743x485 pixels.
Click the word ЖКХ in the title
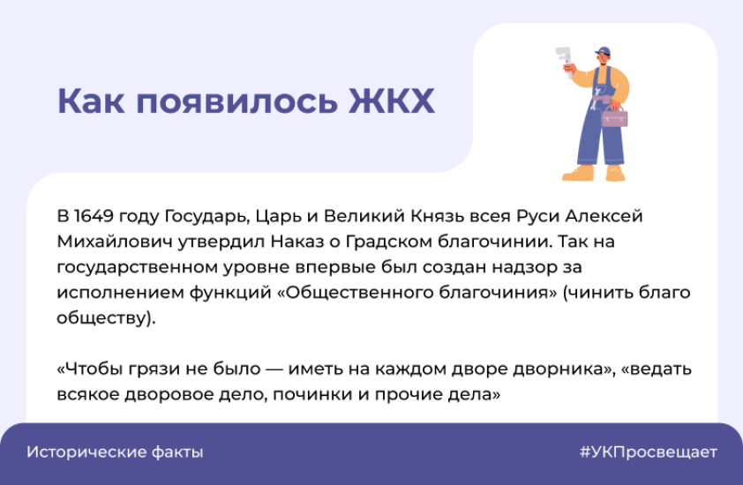tap(392, 101)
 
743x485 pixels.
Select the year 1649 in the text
tap(94, 216)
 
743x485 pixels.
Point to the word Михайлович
tap(115, 242)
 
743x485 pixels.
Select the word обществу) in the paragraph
tap(106, 317)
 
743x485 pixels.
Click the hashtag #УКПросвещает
tap(649, 451)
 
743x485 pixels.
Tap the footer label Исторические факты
tap(115, 451)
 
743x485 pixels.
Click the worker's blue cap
tap(604, 50)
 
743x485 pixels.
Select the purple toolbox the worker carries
tap(614, 116)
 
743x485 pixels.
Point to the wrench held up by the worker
tap(563, 58)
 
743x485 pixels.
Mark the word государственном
tap(138, 267)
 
